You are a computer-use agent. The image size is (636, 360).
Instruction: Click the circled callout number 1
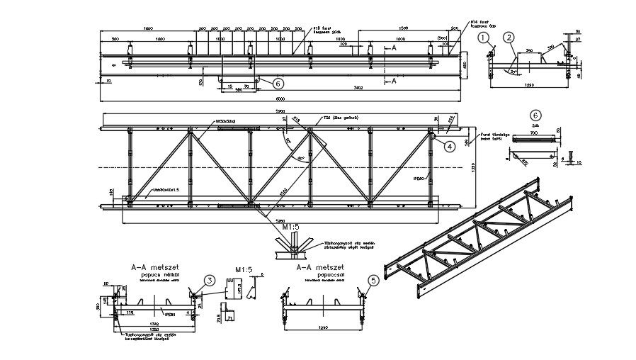(x=484, y=37)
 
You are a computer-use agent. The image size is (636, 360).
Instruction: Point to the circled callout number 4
(x=449, y=147)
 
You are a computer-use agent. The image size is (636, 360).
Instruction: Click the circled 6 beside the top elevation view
(x=261, y=83)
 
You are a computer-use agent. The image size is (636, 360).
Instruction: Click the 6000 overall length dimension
(x=280, y=98)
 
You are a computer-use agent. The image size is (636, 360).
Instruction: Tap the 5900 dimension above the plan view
(x=280, y=112)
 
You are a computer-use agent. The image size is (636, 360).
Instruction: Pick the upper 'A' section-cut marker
(x=394, y=48)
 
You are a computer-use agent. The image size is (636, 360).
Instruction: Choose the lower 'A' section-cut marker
(x=394, y=81)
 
